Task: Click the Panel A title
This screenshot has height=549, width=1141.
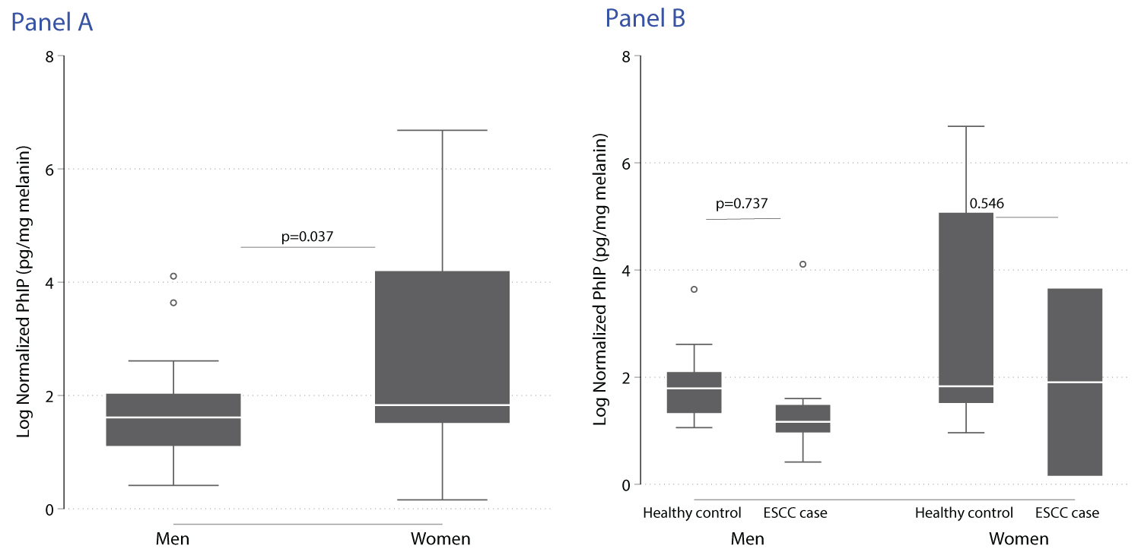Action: tap(52, 22)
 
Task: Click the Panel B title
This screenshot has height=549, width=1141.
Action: tap(645, 18)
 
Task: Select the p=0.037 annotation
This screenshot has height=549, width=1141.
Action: tap(307, 236)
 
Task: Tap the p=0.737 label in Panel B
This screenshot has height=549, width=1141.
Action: tap(742, 204)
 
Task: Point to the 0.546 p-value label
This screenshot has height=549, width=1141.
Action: tap(987, 204)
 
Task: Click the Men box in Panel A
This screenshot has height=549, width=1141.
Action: tap(173, 420)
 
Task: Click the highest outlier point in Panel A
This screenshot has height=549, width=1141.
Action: tap(173, 276)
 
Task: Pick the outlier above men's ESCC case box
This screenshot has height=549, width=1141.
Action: tap(803, 265)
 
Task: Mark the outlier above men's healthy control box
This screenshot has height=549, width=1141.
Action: tap(694, 289)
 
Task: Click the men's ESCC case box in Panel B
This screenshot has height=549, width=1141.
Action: tap(803, 418)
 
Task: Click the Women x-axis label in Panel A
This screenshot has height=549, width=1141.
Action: tap(440, 539)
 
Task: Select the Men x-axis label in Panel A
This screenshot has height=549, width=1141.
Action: tap(173, 539)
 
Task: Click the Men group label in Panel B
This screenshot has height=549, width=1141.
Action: tap(747, 539)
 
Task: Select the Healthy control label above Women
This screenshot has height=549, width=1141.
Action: tap(965, 513)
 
